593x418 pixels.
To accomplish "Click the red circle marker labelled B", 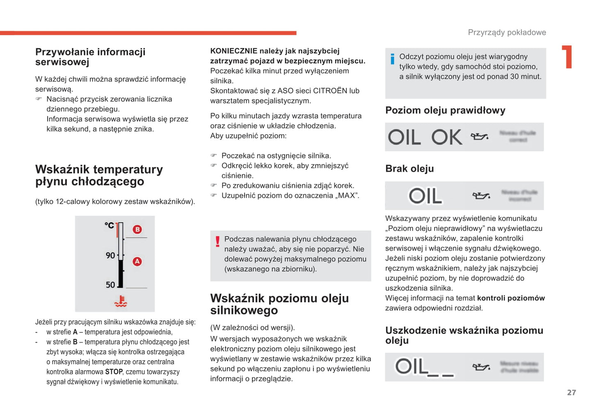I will [137, 229].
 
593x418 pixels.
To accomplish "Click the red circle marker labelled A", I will [137, 261].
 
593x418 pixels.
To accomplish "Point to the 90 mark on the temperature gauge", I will [110, 256].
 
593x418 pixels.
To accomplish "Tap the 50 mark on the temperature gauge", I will [110, 285].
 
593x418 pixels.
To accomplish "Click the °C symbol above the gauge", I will [109, 225].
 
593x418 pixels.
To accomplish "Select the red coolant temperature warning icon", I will [121, 302].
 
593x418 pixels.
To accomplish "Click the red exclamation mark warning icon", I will [218, 241].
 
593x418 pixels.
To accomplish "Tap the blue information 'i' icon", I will [392, 59].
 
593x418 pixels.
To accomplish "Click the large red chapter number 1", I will [568, 57].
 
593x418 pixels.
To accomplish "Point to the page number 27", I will [571, 393].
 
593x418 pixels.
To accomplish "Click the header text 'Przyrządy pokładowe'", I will [507, 32].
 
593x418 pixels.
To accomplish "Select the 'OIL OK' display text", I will [425, 137].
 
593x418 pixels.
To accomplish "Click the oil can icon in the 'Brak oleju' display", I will [481, 196].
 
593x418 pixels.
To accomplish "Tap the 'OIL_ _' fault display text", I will [424, 367].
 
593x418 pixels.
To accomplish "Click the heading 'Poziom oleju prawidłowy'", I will [445, 110].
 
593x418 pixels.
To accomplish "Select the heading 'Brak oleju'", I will [410, 169].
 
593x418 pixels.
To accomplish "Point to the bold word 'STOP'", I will [114, 372].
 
